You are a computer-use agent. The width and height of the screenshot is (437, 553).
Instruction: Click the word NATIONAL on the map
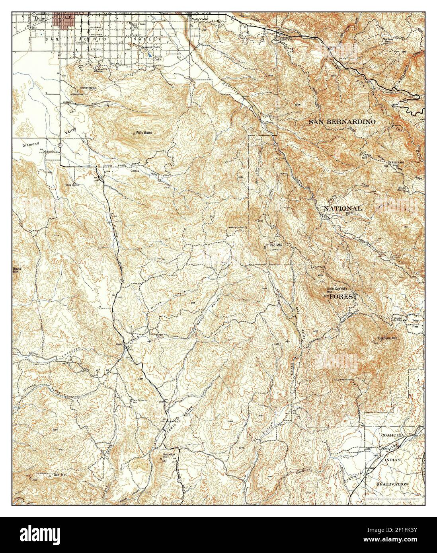coord(342,208)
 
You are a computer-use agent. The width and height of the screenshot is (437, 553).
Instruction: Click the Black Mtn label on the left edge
coord(16,270)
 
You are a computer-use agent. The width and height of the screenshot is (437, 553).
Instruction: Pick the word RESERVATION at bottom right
coord(392,484)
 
